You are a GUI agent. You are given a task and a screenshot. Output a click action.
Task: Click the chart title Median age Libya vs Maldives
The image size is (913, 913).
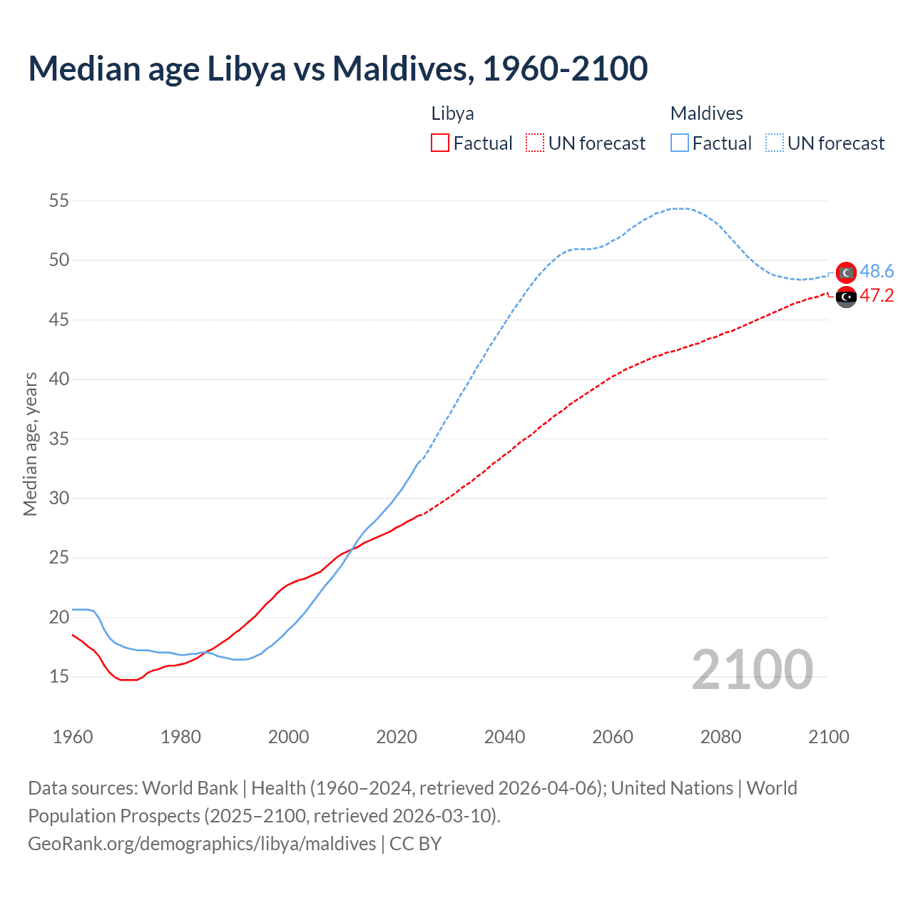337,69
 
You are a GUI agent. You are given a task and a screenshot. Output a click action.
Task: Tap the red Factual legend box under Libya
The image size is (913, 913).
440,143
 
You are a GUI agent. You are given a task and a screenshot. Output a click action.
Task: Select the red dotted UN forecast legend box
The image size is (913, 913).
535,143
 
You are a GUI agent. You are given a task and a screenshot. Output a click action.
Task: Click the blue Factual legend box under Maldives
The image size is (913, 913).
680,143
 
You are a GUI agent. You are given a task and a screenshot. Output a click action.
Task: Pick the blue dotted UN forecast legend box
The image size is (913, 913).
775,143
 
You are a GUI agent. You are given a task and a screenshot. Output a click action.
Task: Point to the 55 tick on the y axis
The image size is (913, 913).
59,201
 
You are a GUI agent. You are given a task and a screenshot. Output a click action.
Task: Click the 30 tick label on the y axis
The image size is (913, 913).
59,498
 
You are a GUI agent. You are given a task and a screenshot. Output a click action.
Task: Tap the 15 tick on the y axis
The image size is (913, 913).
59,676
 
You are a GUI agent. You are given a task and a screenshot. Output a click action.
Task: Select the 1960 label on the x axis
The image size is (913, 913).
73,737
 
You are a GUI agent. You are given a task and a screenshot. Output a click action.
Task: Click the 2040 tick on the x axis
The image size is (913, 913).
504,737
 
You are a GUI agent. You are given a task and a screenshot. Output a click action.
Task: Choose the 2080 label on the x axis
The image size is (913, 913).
720,737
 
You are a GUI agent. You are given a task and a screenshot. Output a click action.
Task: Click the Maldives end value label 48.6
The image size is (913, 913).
877,272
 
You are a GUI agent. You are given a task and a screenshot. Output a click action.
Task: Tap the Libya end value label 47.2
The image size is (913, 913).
877,296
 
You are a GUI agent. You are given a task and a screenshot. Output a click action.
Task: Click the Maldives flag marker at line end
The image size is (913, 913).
846,272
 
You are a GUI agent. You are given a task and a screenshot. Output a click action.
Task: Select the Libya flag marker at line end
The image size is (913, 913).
846,297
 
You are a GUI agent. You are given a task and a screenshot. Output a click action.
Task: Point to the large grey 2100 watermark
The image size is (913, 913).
752,670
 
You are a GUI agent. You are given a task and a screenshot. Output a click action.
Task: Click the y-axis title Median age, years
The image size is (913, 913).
30,444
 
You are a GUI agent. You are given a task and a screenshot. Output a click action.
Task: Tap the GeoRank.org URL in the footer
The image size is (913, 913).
202,844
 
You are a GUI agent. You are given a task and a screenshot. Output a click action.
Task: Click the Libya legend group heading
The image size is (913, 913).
452,113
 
